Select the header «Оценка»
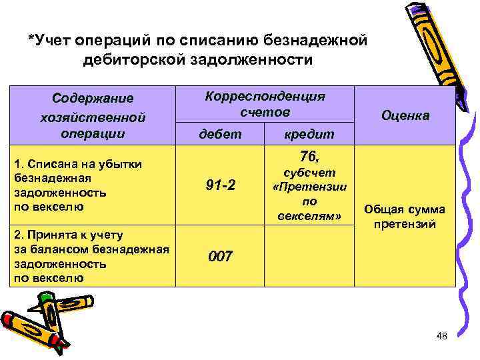[x=405, y=115]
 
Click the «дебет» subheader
[x=221, y=134]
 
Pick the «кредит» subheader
[x=309, y=134]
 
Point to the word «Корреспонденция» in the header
[x=265, y=96]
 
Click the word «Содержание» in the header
[x=93, y=99]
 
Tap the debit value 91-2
[x=220, y=185]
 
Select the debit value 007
[x=220, y=256]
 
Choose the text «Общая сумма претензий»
[x=405, y=217]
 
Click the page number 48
[x=440, y=337]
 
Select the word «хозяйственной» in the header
[x=93, y=117]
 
